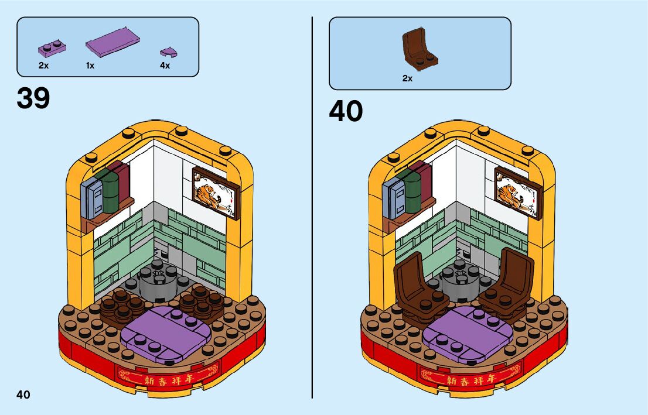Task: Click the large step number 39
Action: [x=33, y=98]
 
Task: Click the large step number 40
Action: [x=346, y=111]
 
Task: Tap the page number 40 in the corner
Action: [x=23, y=394]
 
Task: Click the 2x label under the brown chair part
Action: [x=407, y=78]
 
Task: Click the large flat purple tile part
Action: [x=112, y=42]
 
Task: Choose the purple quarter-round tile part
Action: [x=169, y=52]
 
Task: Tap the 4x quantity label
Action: [x=165, y=66]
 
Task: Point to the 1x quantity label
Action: [x=90, y=66]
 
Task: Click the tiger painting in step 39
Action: [x=216, y=191]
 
